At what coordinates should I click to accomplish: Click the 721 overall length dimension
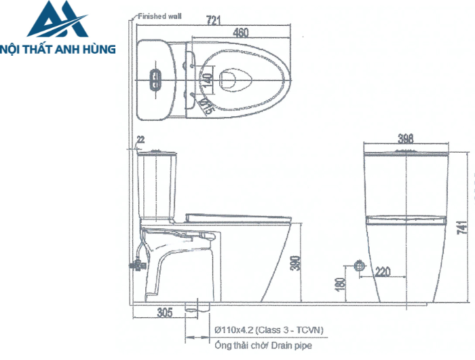[214, 20]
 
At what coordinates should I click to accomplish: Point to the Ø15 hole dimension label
[207, 105]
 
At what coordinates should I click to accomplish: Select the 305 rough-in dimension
[164, 312]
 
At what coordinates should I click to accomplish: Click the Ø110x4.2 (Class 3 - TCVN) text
[269, 331]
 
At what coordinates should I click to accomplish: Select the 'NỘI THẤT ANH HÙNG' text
[59, 49]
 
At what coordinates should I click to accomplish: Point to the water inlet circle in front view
[360, 266]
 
